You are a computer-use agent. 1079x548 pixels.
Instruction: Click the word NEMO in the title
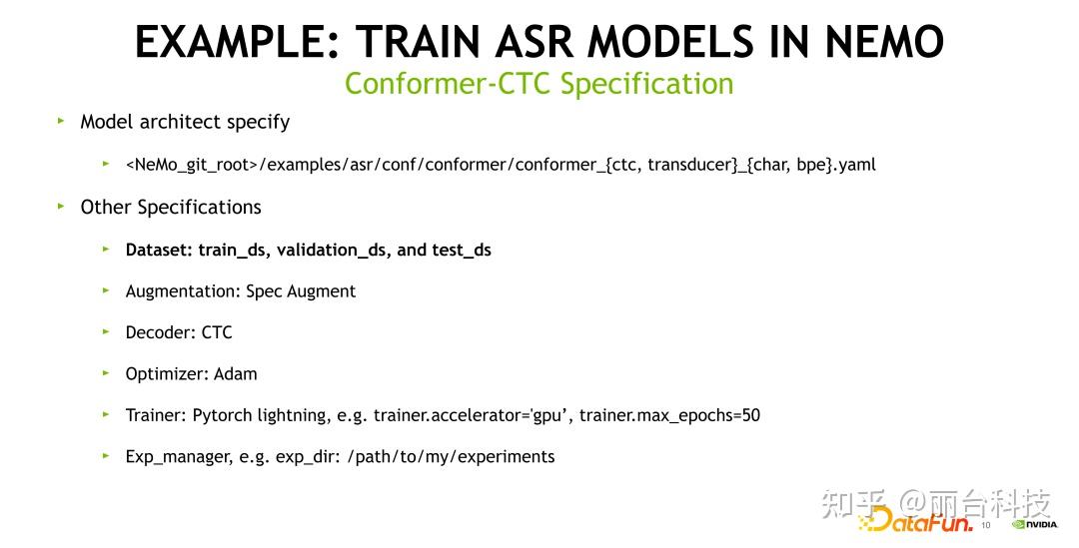[x=883, y=41]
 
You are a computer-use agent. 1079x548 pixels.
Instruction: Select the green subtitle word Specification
[x=646, y=85]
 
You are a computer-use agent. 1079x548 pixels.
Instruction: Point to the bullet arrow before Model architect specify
[x=61, y=121]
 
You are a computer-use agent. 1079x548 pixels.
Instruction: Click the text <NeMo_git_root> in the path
[x=192, y=165]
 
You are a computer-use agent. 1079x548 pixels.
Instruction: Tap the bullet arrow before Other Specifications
[x=61, y=206]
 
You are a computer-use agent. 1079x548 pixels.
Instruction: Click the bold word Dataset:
[x=160, y=250]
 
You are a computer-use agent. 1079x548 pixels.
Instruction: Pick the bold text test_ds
[x=461, y=251]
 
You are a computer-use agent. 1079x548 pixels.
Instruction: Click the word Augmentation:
[x=183, y=291]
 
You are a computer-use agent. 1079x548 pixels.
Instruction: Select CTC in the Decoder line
[x=217, y=332]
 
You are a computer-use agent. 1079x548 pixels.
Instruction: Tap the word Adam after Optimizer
[x=236, y=374]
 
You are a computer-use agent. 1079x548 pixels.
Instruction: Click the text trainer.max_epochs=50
[x=669, y=415]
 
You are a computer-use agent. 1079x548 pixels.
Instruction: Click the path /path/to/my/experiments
[x=451, y=456]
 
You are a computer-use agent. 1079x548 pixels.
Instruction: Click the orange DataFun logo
[x=916, y=521]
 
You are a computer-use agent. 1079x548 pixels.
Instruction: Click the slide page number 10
[x=985, y=525]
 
